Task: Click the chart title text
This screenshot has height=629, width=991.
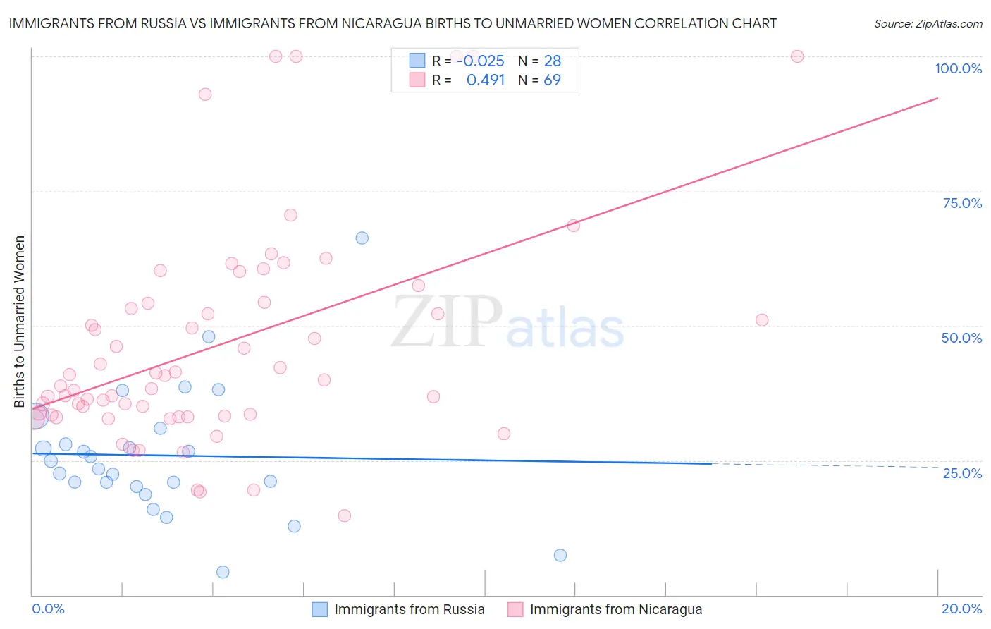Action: point(393,23)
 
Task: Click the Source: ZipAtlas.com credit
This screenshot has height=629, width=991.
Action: point(928,23)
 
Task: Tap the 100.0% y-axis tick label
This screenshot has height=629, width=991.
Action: point(958,68)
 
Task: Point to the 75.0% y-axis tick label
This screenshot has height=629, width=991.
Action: point(962,203)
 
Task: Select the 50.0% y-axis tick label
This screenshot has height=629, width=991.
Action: point(961,338)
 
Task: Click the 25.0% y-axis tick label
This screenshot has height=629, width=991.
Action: point(962,473)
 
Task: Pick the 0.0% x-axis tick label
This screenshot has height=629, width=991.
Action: point(48,609)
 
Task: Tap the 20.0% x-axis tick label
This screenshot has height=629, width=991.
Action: point(961,609)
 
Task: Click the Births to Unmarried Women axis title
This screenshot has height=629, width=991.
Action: point(19,322)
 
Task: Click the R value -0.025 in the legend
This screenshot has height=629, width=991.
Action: point(481,61)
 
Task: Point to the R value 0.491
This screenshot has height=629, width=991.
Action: point(486,80)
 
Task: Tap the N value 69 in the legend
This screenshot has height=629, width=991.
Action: point(552,80)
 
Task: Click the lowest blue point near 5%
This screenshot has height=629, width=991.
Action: point(223,572)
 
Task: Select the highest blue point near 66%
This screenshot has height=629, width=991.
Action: point(362,238)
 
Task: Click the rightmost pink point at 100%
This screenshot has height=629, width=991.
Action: point(797,56)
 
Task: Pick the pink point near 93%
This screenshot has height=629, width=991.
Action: point(205,94)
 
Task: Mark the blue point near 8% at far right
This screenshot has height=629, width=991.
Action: point(560,555)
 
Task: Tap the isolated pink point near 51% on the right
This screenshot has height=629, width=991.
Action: point(762,319)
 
